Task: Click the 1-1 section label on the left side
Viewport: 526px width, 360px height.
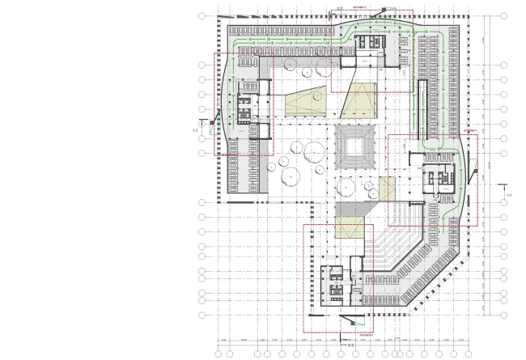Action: (x=195, y=129)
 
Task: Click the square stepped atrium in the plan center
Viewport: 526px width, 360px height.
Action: (x=354, y=147)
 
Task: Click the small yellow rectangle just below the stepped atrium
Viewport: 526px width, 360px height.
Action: (x=347, y=188)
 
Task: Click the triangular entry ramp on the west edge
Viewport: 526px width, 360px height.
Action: (x=213, y=122)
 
